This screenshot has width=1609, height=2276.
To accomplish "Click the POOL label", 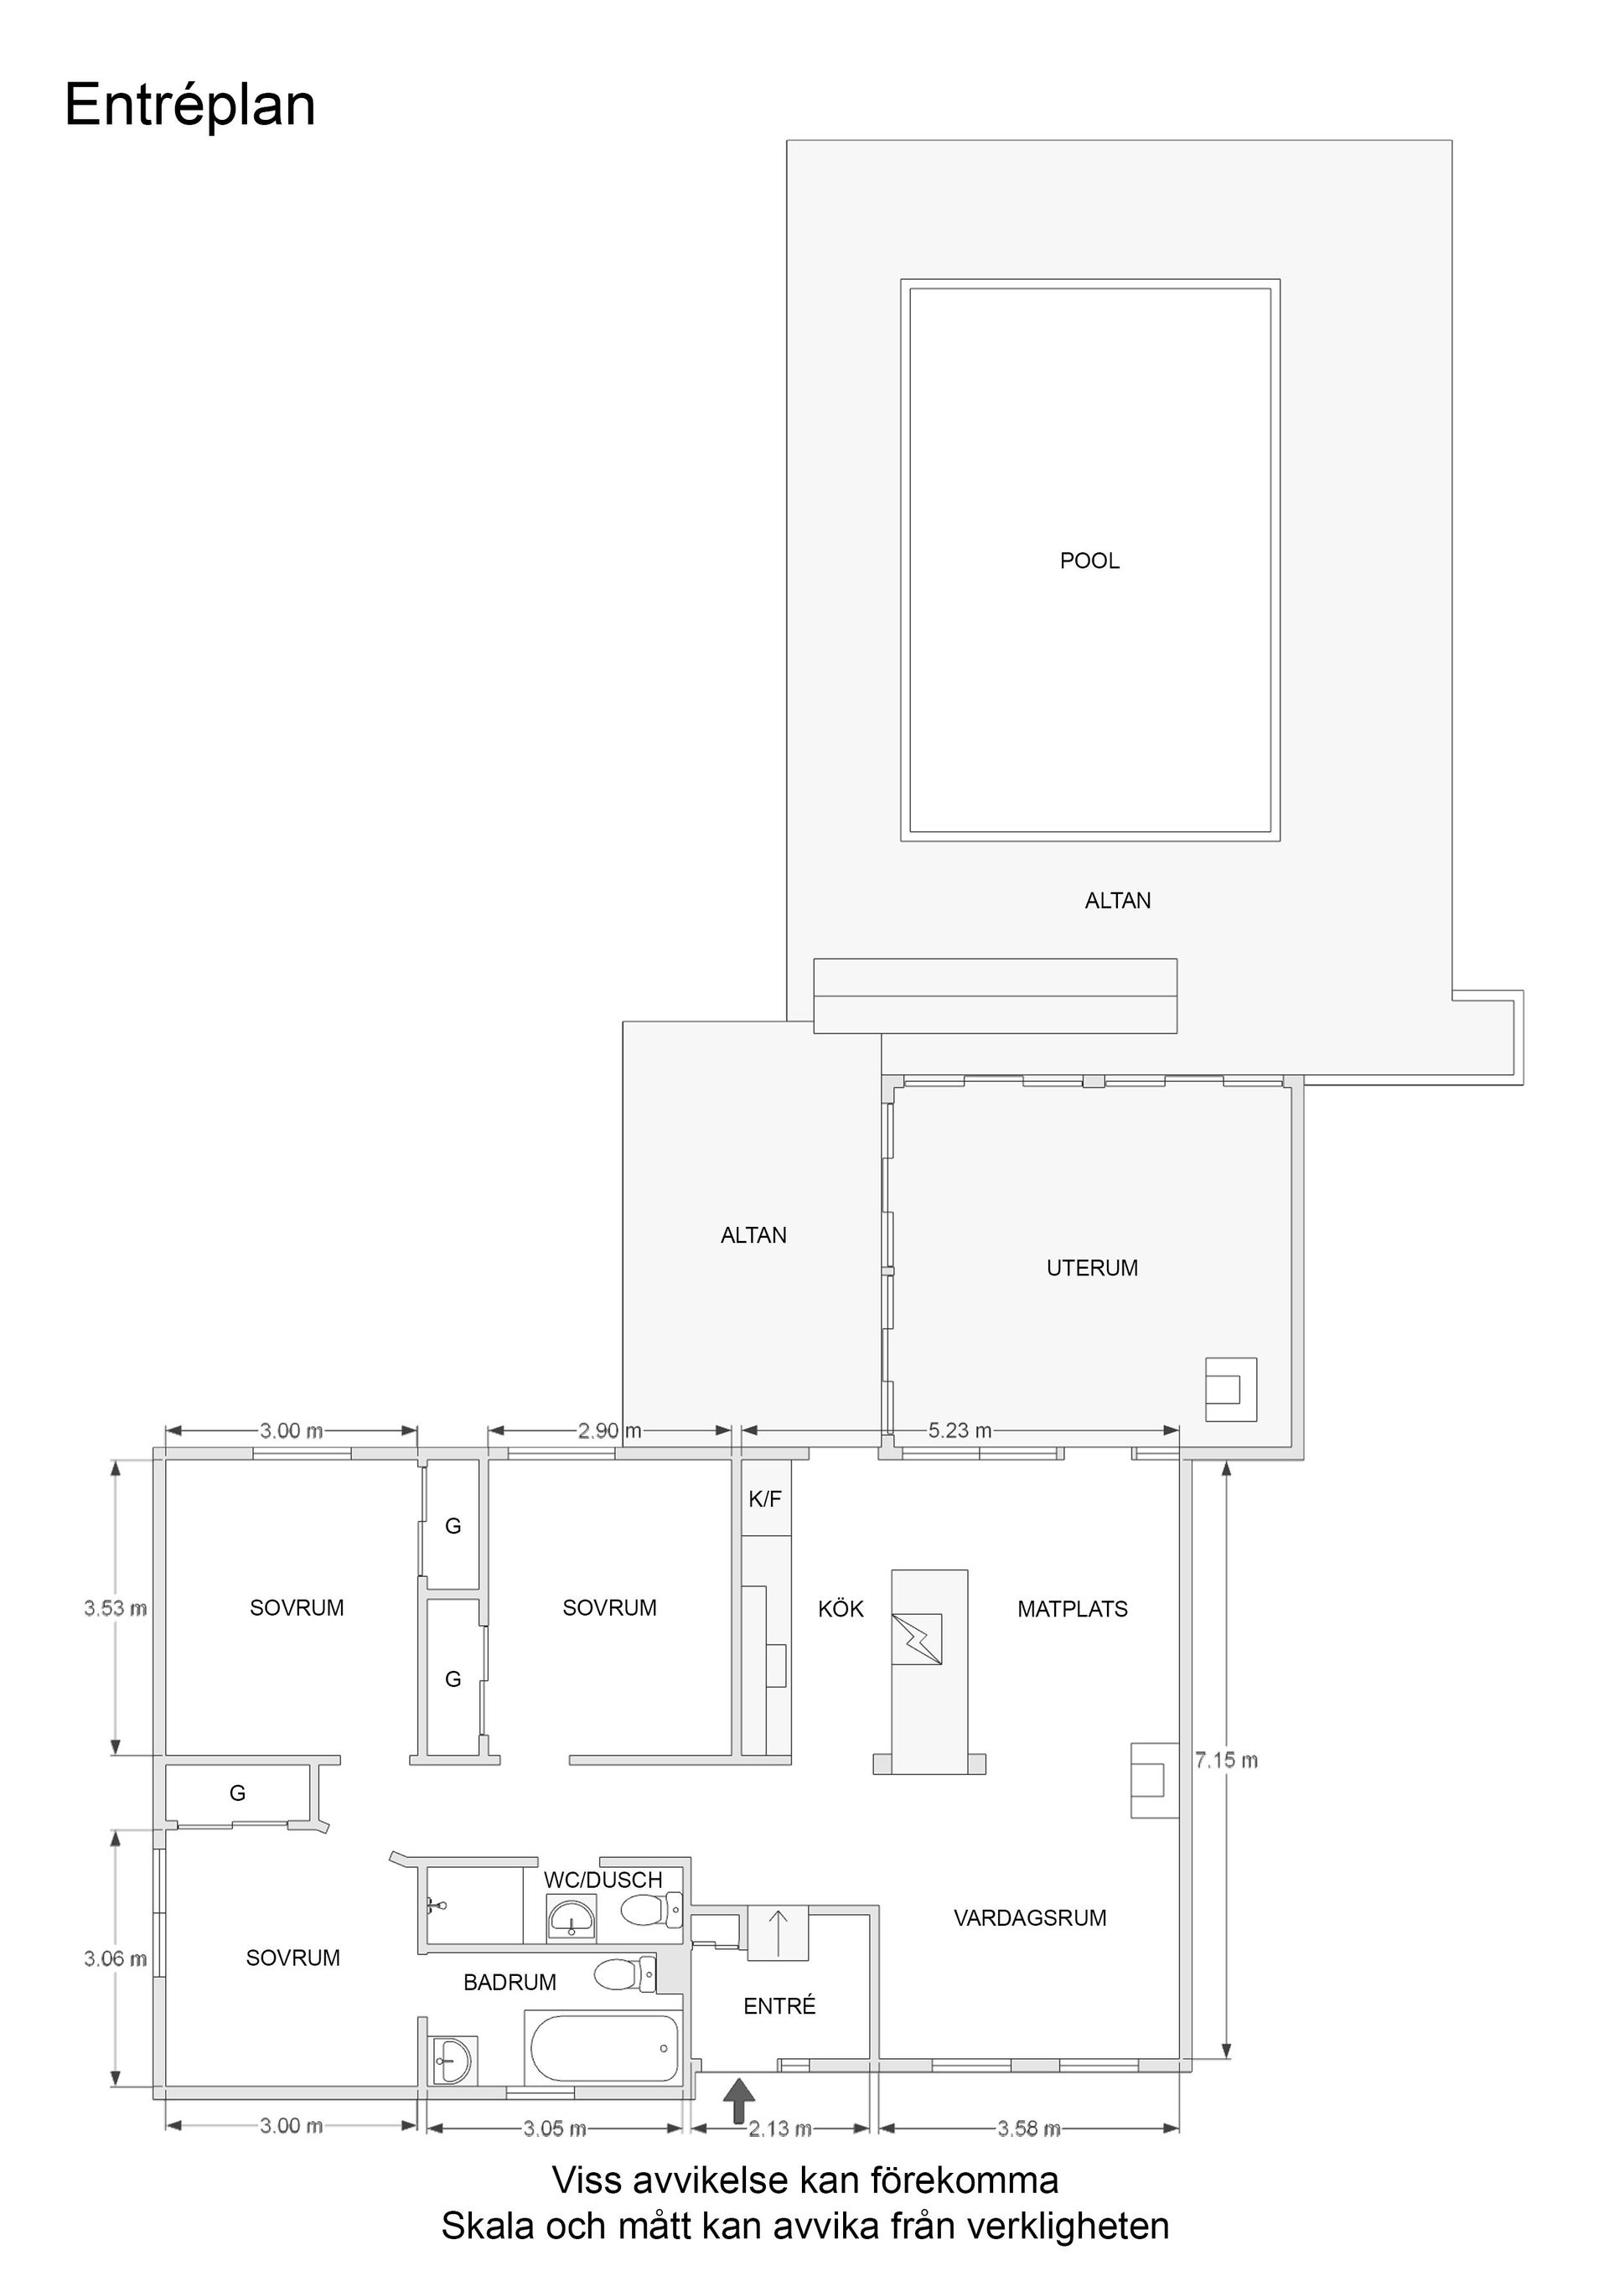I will [x=1089, y=561].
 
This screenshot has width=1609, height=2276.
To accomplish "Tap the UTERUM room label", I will [x=1091, y=1268].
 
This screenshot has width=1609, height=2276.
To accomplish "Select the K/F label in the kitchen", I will [x=764, y=1500].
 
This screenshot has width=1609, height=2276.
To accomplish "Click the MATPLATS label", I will [x=1072, y=1610].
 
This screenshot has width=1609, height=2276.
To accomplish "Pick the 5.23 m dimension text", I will [x=960, y=1431].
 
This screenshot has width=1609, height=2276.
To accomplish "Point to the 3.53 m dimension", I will [x=115, y=1609].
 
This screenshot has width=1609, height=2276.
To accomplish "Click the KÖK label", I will [x=841, y=1610].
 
